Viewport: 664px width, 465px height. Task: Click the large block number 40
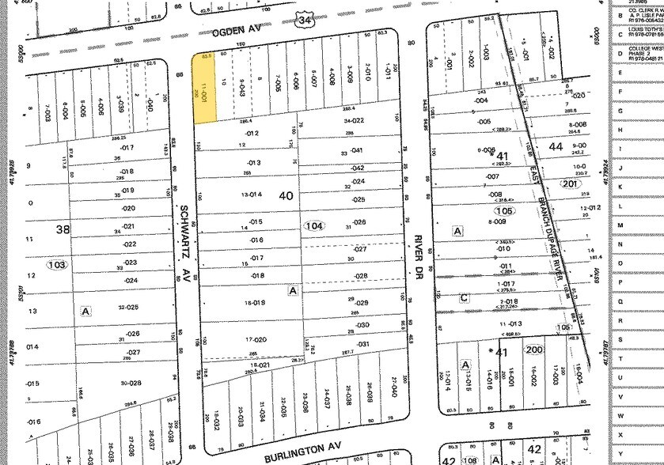(285, 195)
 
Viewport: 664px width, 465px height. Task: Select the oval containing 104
(315, 226)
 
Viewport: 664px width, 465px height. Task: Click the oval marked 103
(57, 263)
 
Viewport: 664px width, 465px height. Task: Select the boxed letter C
(464, 297)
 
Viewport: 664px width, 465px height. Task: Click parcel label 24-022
(353, 121)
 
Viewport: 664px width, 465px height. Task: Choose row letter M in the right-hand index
(620, 225)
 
